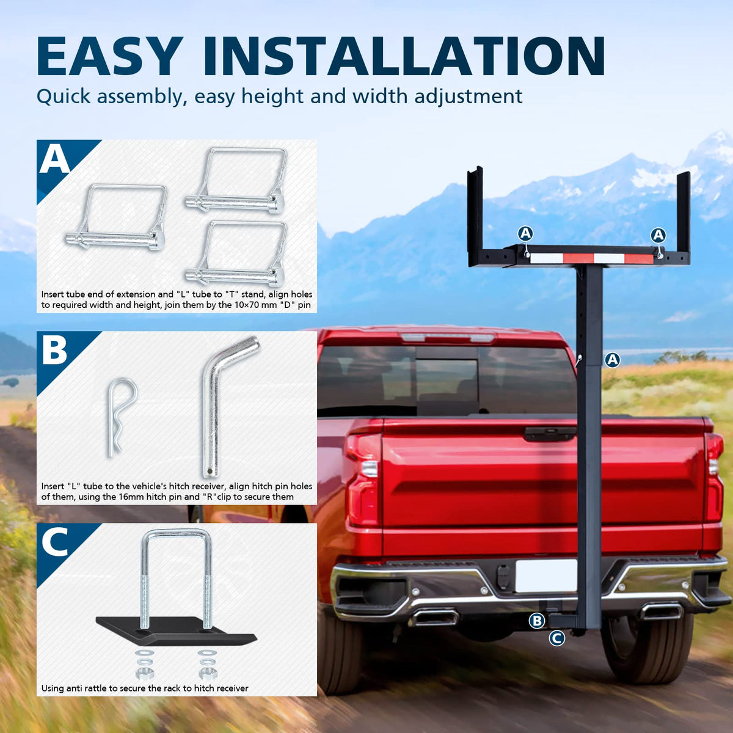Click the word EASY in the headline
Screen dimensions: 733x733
[108, 56]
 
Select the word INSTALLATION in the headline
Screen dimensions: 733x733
[404, 56]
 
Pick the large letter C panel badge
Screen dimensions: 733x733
[54, 542]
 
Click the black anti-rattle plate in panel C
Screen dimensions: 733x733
[176, 632]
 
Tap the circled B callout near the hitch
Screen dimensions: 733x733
[537, 621]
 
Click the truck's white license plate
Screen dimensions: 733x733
[545, 575]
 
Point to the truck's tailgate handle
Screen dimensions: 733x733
[550, 432]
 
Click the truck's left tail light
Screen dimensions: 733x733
[363, 481]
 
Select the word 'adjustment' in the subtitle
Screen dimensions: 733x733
[469, 97]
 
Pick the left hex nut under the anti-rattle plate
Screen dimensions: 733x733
[145, 673]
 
